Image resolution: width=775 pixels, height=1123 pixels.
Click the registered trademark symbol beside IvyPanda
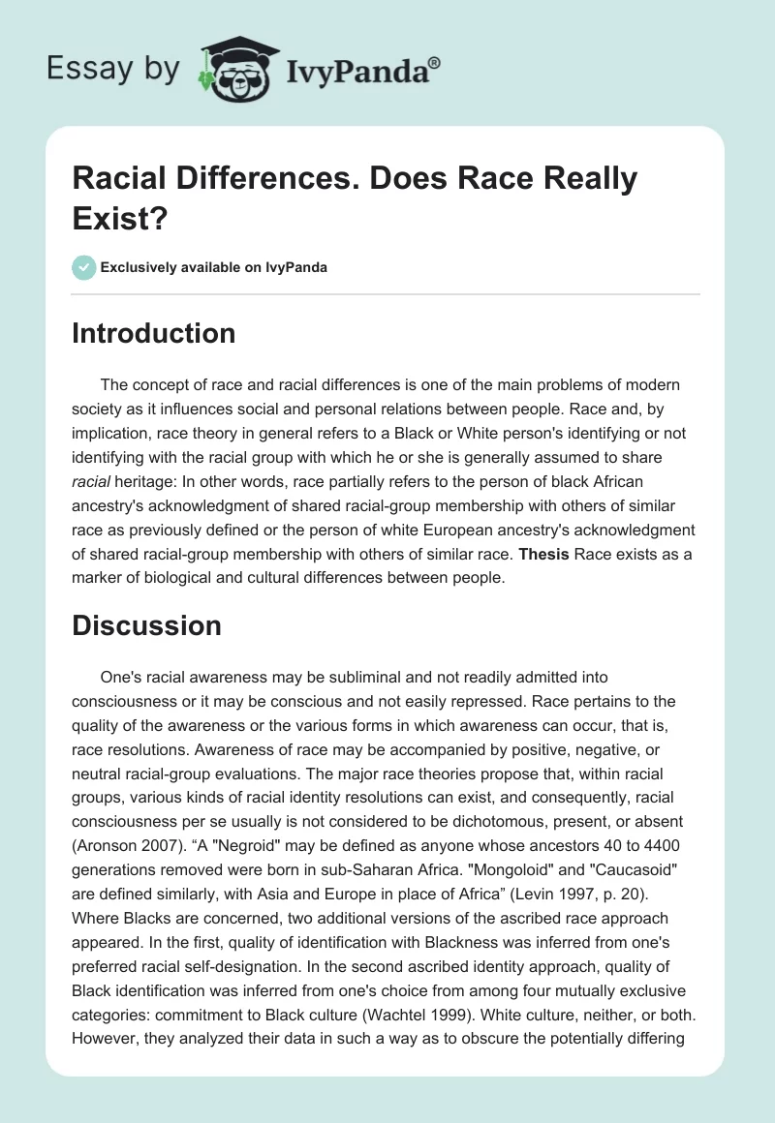click(x=436, y=64)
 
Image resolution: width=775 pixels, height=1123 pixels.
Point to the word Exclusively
click(x=139, y=268)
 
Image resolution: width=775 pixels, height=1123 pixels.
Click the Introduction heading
click(x=153, y=333)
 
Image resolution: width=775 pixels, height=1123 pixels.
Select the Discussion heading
click(x=146, y=625)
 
